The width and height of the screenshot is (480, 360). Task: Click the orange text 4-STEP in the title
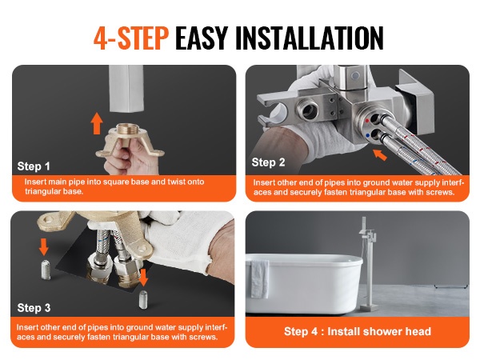(x=131, y=38)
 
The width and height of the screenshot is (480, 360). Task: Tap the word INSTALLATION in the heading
(x=309, y=38)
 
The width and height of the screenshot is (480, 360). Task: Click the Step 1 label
(x=34, y=166)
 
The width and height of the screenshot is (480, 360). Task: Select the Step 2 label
(x=268, y=162)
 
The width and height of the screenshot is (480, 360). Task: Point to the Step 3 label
(x=34, y=308)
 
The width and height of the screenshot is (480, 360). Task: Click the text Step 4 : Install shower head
(x=358, y=331)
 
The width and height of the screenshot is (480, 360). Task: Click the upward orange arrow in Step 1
(x=97, y=123)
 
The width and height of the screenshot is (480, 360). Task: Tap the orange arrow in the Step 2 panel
(x=380, y=155)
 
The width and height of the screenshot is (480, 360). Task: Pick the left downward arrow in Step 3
(x=44, y=246)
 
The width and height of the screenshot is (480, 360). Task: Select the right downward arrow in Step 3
(x=143, y=278)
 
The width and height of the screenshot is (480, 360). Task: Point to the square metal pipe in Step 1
(x=126, y=89)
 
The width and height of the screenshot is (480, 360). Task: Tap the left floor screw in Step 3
(x=46, y=270)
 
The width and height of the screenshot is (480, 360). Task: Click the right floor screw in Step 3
(x=143, y=300)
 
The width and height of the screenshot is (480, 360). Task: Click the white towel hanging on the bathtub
(x=260, y=279)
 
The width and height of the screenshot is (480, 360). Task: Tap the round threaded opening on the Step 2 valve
(x=308, y=109)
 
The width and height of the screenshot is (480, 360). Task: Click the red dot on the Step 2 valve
(x=367, y=121)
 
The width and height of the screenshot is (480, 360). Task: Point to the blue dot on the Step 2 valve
(x=367, y=134)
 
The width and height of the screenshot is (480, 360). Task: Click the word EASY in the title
(x=202, y=38)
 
